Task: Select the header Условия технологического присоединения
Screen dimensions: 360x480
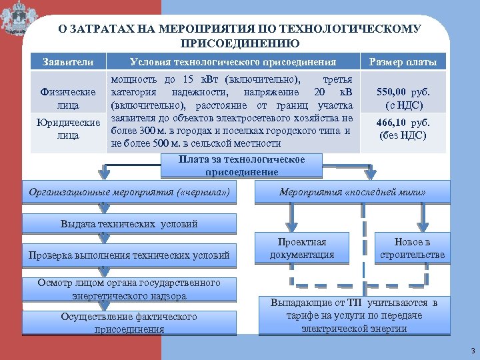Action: (233, 62)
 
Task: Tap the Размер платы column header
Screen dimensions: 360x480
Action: (398, 62)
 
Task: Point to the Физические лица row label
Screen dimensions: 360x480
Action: (68, 98)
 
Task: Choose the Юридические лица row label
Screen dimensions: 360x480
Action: (68, 129)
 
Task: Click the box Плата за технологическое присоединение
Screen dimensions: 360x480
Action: (241, 165)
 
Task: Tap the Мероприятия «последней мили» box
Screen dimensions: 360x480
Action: (352, 193)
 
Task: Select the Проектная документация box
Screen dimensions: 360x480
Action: (302, 248)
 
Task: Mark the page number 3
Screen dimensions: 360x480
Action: (472, 351)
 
